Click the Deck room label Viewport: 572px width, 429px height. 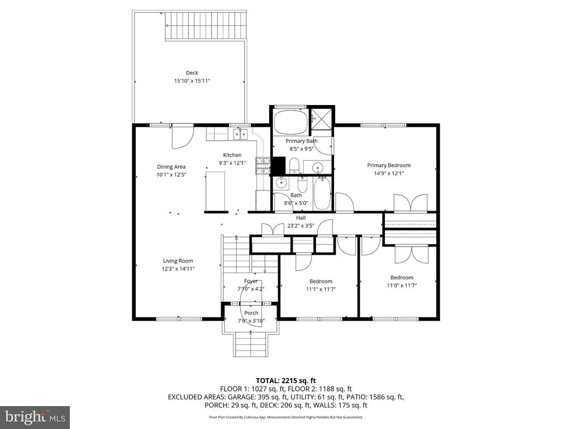coord(192,73)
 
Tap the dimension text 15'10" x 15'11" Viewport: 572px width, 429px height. coord(192,81)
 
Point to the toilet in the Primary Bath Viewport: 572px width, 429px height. coord(294,166)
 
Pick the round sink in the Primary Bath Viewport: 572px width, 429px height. coord(318,168)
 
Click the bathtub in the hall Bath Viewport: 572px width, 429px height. coord(322,193)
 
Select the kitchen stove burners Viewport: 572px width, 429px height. coord(263,166)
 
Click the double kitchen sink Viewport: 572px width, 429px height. coord(240,134)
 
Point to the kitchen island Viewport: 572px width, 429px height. coord(215,192)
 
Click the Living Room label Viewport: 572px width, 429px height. coord(178,261)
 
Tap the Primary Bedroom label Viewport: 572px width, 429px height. coord(389,165)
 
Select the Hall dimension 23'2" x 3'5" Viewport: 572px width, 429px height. coord(301,226)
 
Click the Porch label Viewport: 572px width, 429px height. coord(251,313)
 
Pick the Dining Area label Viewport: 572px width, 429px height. coord(171,166)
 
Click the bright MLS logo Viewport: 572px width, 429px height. coord(35,417)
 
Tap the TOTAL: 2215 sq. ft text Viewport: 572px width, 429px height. coord(285,381)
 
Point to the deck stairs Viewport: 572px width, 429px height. coord(206,26)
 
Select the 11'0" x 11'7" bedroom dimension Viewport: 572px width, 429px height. coord(402,285)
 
